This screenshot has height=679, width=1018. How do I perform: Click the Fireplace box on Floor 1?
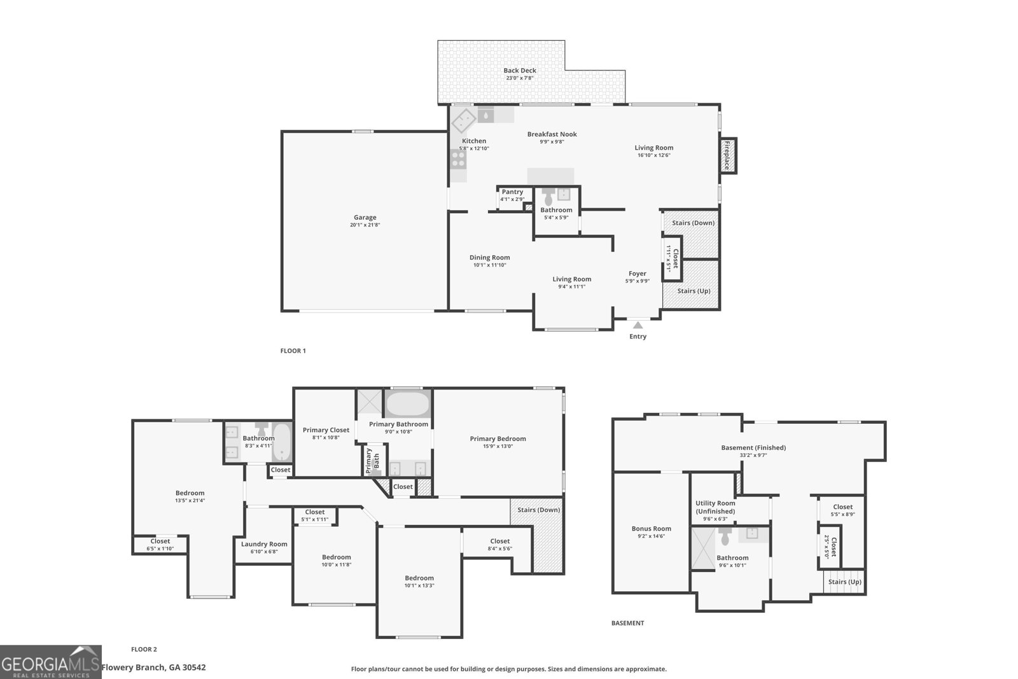[x=727, y=155]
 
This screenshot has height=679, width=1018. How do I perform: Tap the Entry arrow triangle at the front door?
[x=638, y=325]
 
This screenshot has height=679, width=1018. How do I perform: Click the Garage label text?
[x=365, y=217]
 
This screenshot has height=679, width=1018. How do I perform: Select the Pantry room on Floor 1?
[x=513, y=196]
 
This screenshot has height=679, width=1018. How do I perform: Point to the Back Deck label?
[x=520, y=71]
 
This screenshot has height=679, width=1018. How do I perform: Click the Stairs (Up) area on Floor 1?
[x=693, y=291]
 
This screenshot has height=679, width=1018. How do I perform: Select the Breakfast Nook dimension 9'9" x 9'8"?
[x=552, y=142]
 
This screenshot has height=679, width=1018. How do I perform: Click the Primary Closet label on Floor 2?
[x=326, y=430]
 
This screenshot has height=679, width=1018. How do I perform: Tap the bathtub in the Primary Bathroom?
[x=408, y=403]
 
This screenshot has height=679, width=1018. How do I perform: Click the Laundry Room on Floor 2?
[x=264, y=544]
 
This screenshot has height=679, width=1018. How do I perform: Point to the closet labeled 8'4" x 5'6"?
[x=499, y=545]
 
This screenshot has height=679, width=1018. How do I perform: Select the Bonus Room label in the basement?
[x=652, y=528]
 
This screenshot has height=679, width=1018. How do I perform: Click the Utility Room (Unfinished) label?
[x=715, y=507]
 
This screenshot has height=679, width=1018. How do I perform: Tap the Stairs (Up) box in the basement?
[x=845, y=582]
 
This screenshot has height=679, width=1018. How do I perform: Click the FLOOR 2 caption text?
[x=144, y=649]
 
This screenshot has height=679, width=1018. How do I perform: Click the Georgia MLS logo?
[x=51, y=662]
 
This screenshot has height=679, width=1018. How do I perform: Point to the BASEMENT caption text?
[x=627, y=623]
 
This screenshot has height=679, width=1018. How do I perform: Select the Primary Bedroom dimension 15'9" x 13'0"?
[x=498, y=446]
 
